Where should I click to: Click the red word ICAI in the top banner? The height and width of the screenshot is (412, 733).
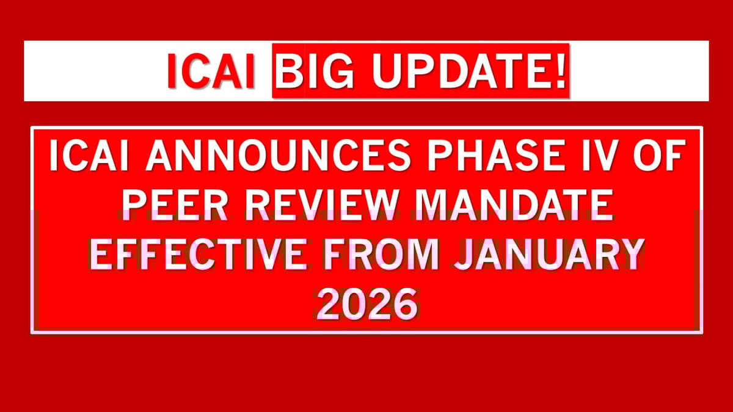211,73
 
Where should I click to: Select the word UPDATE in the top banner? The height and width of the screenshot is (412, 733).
454,73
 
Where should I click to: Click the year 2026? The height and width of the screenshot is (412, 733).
366,305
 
